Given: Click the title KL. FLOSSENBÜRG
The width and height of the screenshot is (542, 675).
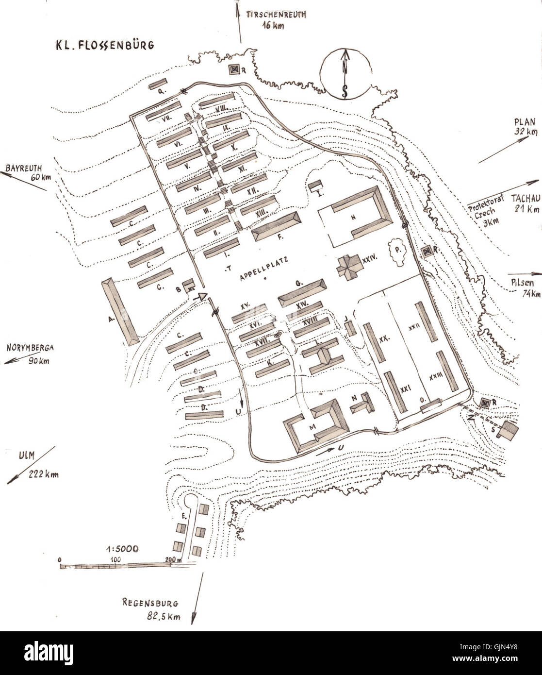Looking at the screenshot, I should pos(104,45).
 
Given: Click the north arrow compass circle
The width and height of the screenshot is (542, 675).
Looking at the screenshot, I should pos(345,74).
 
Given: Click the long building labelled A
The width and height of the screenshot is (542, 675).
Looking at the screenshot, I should pos(120,312).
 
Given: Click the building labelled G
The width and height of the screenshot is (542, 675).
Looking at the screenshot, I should pos(302,291).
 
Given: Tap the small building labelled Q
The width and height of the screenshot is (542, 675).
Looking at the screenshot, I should pos(158,84).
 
